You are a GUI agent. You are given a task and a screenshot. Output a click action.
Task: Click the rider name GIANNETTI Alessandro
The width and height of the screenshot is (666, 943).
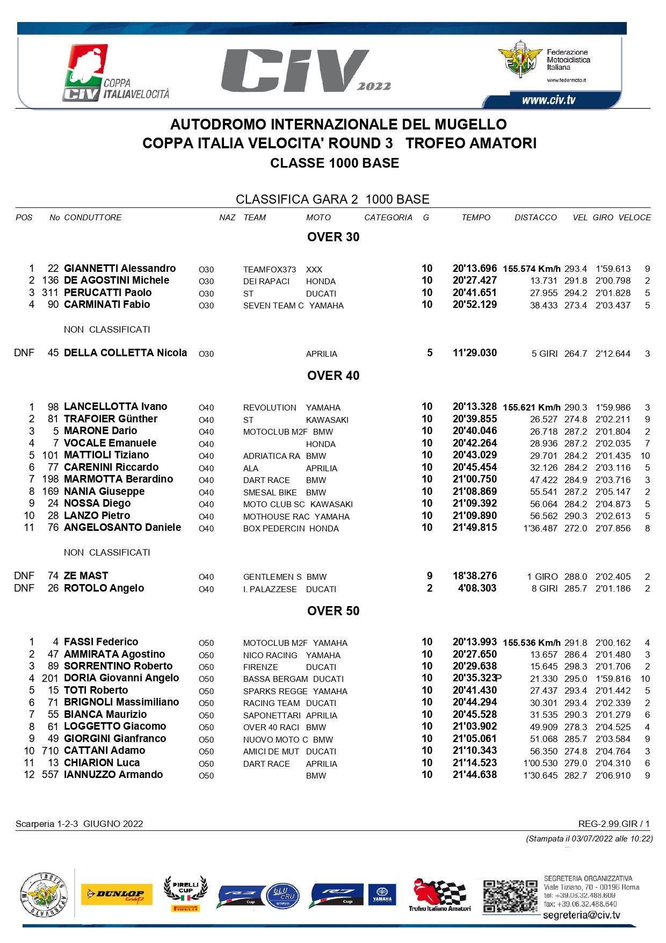(x=120, y=269)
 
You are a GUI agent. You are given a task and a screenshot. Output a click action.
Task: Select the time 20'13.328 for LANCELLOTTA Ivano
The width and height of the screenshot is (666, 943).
(x=474, y=407)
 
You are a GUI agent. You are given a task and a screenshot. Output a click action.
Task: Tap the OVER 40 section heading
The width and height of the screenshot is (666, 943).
(x=333, y=376)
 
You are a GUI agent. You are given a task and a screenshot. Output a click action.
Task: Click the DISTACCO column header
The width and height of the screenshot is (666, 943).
(x=535, y=218)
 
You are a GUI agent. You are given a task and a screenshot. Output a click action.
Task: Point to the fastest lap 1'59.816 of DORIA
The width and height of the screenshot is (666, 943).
(x=613, y=679)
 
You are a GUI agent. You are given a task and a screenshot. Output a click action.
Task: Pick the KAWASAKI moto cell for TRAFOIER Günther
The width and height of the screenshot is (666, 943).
(x=327, y=420)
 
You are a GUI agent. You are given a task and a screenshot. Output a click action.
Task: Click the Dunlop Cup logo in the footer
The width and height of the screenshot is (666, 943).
(x=117, y=895)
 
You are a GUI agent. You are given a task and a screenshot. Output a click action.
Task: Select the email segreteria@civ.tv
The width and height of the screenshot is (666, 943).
(x=581, y=915)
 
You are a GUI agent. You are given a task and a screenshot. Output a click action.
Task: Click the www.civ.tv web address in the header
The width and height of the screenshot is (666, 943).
(x=548, y=100)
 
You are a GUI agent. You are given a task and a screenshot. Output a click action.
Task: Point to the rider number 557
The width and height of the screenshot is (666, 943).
(x=50, y=775)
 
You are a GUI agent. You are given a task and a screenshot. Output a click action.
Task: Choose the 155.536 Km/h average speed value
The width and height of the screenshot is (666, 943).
(x=532, y=643)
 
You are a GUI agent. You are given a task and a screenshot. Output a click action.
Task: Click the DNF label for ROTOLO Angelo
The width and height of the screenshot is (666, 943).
(x=24, y=588)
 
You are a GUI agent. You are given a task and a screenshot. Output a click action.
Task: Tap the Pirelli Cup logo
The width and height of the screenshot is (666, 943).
(x=185, y=894)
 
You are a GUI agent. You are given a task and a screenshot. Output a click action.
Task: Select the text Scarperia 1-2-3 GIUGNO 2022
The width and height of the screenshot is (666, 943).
(x=79, y=824)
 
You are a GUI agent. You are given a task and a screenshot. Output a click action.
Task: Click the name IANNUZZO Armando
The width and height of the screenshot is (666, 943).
(x=113, y=775)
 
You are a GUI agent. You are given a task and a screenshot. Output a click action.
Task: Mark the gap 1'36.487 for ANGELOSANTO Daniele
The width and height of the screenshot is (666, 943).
(x=540, y=528)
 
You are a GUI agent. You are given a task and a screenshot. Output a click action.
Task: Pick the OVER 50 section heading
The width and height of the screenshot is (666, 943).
(x=333, y=611)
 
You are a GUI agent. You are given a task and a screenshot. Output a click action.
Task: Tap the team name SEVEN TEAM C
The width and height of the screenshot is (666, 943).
(x=273, y=305)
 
